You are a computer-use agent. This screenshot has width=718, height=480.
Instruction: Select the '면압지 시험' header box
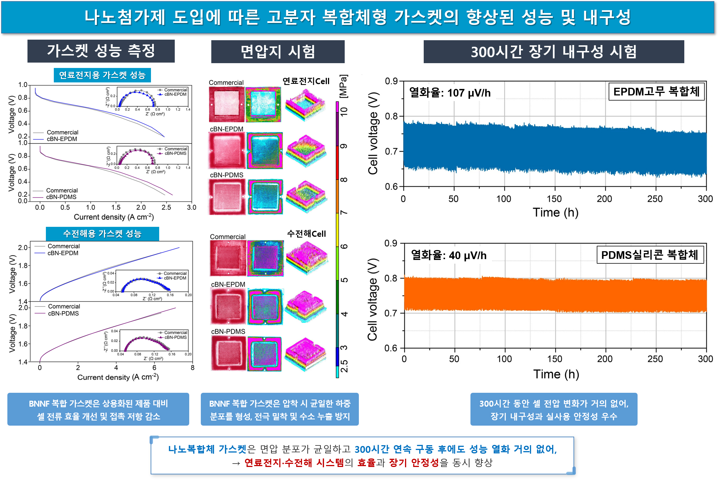(277, 52)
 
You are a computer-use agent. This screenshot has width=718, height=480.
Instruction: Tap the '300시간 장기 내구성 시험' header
(553, 52)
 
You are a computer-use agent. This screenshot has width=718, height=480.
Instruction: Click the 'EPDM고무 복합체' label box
(656, 91)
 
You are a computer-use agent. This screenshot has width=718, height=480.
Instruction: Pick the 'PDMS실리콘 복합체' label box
(650, 255)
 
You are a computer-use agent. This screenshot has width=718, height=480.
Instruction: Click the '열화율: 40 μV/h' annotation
(449, 255)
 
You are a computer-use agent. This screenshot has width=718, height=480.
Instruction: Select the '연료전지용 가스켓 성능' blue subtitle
(102, 75)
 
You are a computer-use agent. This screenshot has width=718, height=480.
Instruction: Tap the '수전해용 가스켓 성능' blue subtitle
(102, 234)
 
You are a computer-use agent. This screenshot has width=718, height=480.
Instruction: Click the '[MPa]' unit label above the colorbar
(344, 86)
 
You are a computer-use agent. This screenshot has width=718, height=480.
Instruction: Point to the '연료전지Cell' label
(306, 81)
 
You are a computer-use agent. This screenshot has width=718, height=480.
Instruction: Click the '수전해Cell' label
(306, 234)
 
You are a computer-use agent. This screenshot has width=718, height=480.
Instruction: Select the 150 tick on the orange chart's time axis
(555, 359)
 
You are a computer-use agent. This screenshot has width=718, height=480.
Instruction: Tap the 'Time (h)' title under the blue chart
(555, 212)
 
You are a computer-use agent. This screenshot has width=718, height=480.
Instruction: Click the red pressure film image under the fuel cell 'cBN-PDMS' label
(227, 197)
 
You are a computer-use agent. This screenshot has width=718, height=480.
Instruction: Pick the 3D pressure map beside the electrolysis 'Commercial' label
(306, 258)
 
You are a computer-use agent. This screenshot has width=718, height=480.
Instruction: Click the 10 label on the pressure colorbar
(344, 111)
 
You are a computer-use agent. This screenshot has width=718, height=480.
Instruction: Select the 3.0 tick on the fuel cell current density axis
(191, 208)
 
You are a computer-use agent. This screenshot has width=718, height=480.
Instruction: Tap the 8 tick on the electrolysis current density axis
(192, 368)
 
